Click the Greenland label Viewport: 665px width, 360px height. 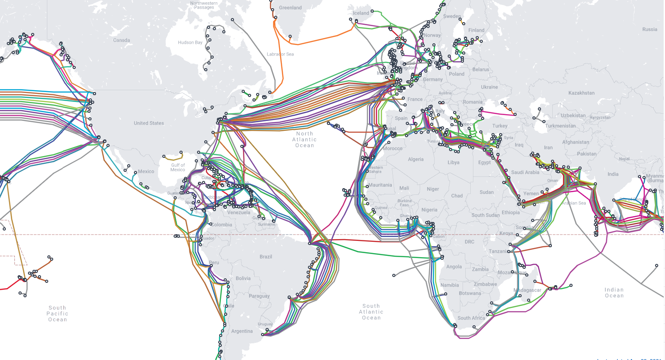point(290,8)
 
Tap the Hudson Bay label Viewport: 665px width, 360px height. point(190,42)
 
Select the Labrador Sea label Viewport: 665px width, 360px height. point(280,54)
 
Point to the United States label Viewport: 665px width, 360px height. point(149,123)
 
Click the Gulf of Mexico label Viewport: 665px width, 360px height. point(178,167)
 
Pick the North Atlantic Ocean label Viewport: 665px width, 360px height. point(304,139)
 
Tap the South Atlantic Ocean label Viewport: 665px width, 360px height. point(371,312)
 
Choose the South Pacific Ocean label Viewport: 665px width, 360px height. point(57,314)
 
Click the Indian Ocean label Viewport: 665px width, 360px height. point(614,293)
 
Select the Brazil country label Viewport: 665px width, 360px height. point(266,257)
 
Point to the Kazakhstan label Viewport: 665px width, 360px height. point(581,93)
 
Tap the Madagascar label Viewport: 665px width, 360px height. point(527,290)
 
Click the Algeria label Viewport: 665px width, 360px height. point(416,159)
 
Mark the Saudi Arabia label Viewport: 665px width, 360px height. point(525,172)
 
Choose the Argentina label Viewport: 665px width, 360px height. point(242,331)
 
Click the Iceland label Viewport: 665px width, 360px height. point(361,13)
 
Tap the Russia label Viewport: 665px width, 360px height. point(650,29)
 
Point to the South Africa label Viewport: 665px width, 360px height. point(471,318)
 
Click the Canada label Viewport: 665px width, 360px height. point(121,40)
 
